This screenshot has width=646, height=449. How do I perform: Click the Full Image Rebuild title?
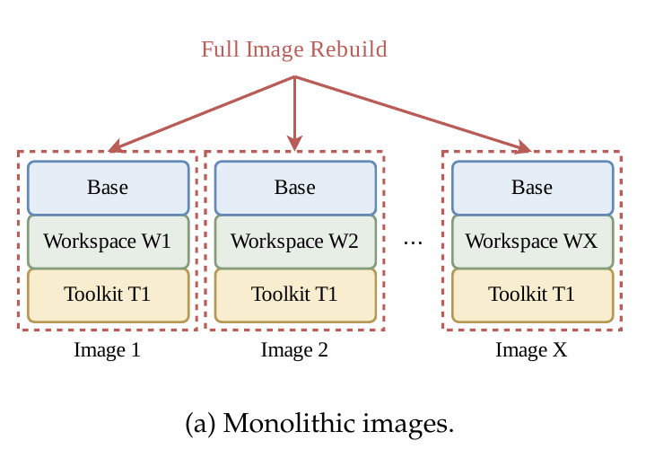(x=294, y=49)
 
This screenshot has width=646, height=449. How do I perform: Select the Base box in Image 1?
(x=109, y=188)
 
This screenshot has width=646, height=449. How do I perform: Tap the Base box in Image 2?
(x=295, y=188)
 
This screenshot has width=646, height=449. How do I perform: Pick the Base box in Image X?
(x=533, y=188)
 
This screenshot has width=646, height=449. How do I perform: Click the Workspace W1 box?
(x=109, y=242)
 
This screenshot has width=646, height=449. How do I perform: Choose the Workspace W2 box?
(x=295, y=242)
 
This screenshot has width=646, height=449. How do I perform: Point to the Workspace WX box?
(x=533, y=242)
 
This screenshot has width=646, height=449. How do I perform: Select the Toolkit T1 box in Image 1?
(x=109, y=295)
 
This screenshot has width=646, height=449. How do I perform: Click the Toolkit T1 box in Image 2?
(x=295, y=295)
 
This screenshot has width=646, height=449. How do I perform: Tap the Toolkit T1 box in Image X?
(x=533, y=295)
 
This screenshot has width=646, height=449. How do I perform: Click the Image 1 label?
(x=107, y=350)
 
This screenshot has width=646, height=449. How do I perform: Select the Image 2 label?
(x=294, y=350)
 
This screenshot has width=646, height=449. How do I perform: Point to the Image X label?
(x=531, y=350)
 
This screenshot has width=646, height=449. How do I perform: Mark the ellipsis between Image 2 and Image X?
(x=414, y=242)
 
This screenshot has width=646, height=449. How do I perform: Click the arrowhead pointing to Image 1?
(x=116, y=146)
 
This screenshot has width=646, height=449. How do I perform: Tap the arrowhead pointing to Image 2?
(x=294, y=143)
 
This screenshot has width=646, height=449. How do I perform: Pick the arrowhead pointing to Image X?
(x=523, y=147)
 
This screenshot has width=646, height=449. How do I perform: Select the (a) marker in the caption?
(x=201, y=424)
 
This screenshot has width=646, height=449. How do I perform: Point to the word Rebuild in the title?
(x=348, y=49)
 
